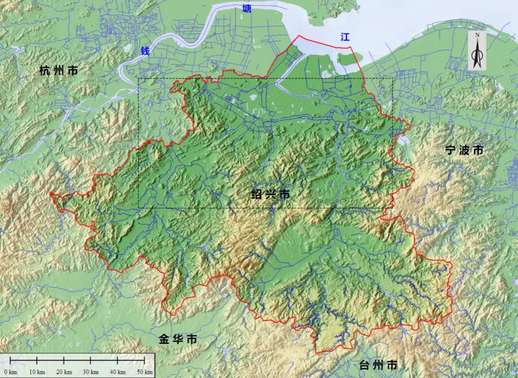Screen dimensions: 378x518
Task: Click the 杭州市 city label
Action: pyautogui.click(x=59, y=71)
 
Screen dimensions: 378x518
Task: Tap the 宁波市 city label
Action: pyautogui.click(x=464, y=150)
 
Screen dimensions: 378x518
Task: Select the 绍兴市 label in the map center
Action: pyautogui.click(x=271, y=195)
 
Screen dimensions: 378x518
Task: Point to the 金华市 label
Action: pyautogui.click(x=178, y=340)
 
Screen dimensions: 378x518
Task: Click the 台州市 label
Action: pyautogui.click(x=378, y=365)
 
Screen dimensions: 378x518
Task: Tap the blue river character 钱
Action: pyautogui.click(x=145, y=51)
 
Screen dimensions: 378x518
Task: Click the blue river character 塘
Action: pyautogui.click(x=247, y=8)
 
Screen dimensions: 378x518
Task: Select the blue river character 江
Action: pyautogui.click(x=345, y=37)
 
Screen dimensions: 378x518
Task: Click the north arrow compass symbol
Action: pyautogui.click(x=477, y=53)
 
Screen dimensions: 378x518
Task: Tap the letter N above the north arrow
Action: pyautogui.click(x=477, y=35)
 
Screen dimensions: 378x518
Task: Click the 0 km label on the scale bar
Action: pyautogui.click(x=11, y=372)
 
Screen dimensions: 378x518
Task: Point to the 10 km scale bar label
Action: pyautogui.click(x=37, y=372)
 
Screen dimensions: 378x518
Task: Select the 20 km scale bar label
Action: pyautogui.click(x=64, y=372)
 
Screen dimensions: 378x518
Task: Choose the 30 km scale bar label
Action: pyautogui.click(x=91, y=372)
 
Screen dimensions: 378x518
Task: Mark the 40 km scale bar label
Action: pyautogui.click(x=118, y=372)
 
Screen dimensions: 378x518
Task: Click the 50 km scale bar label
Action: pyautogui.click(x=145, y=372)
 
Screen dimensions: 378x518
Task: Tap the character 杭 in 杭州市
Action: pyautogui.click(x=45, y=71)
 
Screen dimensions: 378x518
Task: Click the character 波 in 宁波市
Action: pyautogui.click(x=464, y=150)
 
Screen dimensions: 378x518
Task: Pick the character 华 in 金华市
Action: pyautogui.click(x=178, y=340)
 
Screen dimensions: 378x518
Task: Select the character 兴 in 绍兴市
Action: pyautogui.click(x=271, y=195)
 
